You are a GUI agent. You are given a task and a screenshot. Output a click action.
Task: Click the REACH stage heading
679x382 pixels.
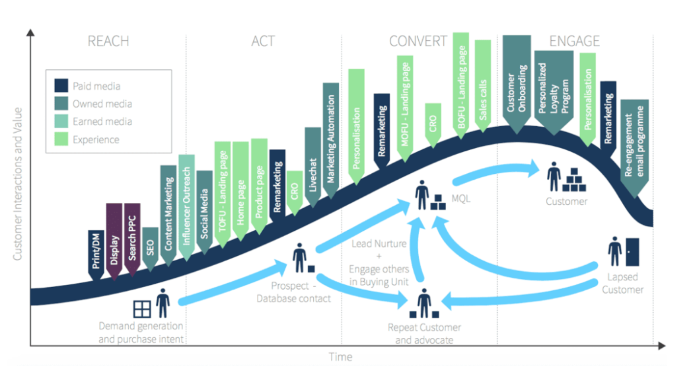tap(108, 41)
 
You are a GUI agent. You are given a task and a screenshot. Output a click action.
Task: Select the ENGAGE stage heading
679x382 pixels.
tap(574, 41)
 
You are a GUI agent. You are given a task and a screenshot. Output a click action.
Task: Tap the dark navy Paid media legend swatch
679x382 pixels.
tap(61, 86)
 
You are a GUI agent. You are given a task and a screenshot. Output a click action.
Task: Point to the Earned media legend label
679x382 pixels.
tap(102, 122)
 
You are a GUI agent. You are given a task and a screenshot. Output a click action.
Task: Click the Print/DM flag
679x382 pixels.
tap(96, 253)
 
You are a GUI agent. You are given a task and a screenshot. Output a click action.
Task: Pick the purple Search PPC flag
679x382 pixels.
tap(132, 239)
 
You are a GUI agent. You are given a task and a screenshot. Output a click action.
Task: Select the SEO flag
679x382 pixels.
tap(150, 248)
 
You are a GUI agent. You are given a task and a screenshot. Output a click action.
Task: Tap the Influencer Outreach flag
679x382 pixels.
tap(186, 207)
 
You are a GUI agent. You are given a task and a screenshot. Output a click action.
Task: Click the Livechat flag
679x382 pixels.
tap(313, 166)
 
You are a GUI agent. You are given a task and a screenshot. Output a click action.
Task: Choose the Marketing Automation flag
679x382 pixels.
tap(331, 140)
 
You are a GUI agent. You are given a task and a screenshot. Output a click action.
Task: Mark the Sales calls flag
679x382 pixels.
tap(483, 85)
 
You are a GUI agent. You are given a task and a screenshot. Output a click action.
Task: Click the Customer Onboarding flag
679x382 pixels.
tap(517, 83)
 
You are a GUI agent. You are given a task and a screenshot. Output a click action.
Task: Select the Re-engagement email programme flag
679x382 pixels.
tap(634, 147)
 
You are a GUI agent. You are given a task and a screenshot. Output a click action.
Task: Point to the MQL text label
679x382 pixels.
tap(461, 198)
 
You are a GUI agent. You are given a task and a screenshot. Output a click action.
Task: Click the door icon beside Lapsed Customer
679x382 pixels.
tap(632, 252)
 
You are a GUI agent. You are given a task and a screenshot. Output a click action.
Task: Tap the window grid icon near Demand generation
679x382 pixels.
tap(142, 309)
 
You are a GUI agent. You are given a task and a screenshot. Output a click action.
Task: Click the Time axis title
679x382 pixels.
tap(340, 357)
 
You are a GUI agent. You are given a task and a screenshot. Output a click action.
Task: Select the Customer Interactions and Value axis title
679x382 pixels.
tap(18, 184)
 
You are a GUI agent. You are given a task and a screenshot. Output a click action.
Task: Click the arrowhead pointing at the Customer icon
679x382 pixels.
tap(533, 168)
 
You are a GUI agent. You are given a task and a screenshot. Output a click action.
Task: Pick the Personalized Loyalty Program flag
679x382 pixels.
tap(554, 90)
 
